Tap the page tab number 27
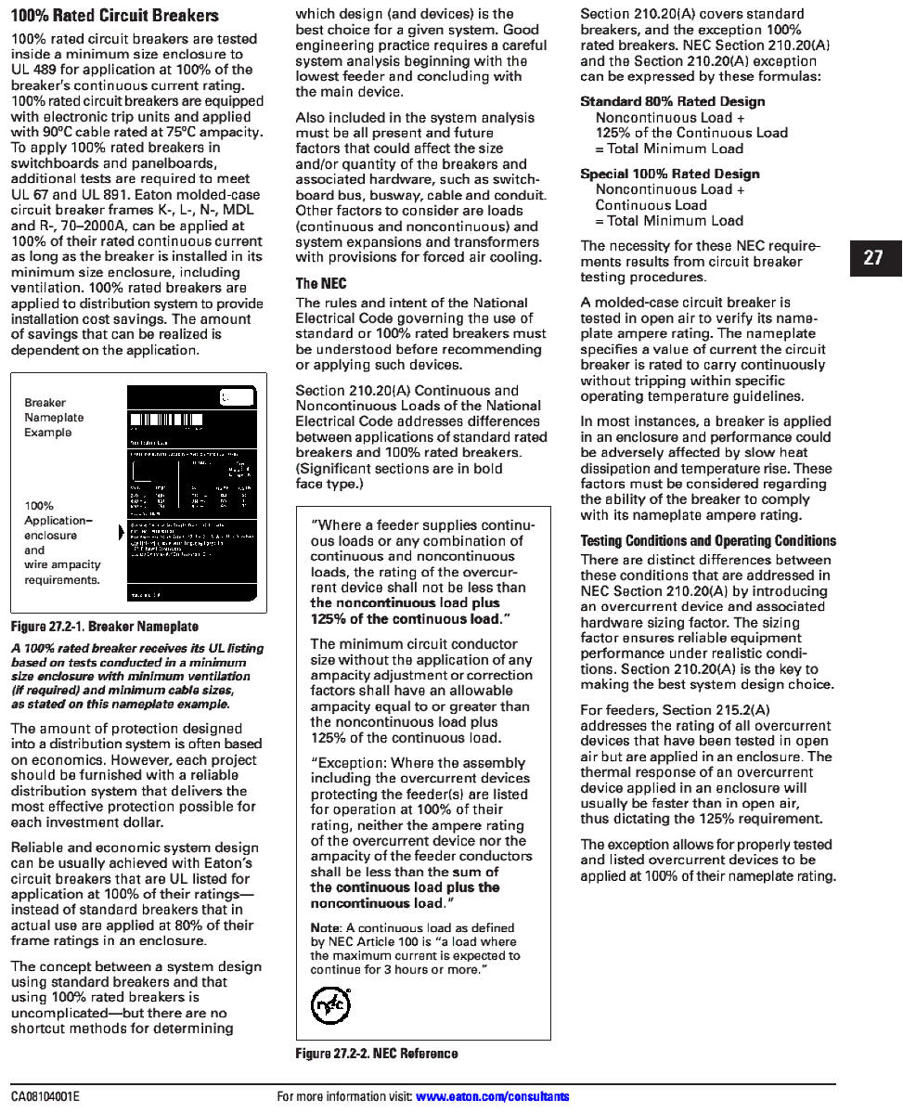pyautogui.click(x=872, y=258)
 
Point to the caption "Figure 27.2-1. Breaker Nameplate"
pyautogui.click(x=105, y=627)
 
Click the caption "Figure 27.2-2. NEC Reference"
pyautogui.click(x=377, y=1054)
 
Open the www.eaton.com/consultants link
pyautogui.click(x=493, y=1096)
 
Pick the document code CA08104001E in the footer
pyautogui.click(x=45, y=1096)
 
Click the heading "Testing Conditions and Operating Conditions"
pyautogui.click(x=708, y=541)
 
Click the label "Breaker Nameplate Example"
pyautogui.click(x=54, y=418)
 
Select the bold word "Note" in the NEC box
pyautogui.click(x=325, y=927)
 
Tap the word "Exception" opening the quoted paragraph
pyautogui.click(x=348, y=762)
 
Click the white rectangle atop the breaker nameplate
pyautogui.click(x=237, y=397)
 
